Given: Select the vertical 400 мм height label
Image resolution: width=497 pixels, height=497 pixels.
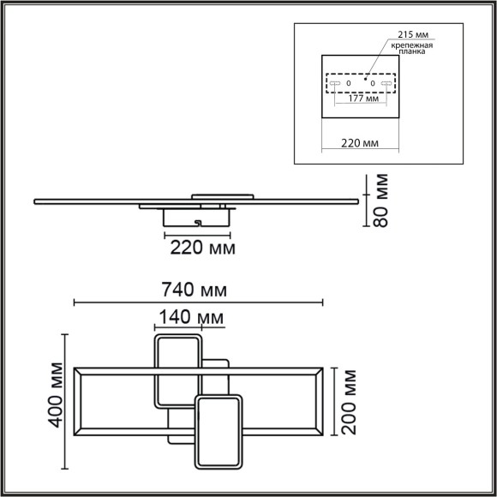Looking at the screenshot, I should [x=57, y=402].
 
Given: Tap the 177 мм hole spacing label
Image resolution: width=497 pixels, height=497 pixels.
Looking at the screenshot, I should [x=363, y=99].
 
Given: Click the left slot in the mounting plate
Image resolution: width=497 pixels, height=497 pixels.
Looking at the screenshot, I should [x=334, y=83].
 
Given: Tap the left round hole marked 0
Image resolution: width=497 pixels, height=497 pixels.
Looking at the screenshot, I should [x=349, y=83].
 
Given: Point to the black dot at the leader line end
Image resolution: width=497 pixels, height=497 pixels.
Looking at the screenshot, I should [x=366, y=78].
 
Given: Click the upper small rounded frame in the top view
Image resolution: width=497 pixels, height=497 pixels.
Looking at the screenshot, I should [x=177, y=371].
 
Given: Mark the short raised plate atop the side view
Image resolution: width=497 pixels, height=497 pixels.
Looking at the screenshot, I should [x=221, y=196].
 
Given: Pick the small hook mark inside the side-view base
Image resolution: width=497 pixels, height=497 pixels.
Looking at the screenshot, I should [x=198, y=223].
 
